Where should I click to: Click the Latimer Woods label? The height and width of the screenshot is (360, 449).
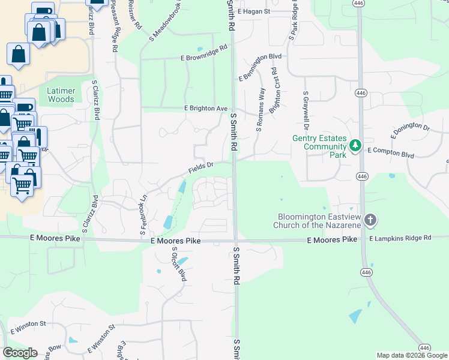click(x=61, y=95)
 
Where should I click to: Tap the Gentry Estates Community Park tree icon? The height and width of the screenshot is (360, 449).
click(x=355, y=145)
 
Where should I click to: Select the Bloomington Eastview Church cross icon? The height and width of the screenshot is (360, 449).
click(x=370, y=220)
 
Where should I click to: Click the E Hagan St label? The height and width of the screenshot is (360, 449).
click(x=254, y=11)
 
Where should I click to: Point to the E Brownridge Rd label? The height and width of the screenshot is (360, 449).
click(x=205, y=53)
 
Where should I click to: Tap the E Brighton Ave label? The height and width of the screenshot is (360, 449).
click(x=205, y=109)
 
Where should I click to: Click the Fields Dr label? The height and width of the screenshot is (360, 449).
click(x=202, y=167)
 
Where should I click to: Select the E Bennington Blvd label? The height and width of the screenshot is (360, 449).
click(x=260, y=67)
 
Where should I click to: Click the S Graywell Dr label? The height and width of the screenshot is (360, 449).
click(x=306, y=111)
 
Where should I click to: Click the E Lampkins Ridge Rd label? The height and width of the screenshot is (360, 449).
click(x=400, y=238)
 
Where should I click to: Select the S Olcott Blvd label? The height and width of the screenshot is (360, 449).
click(x=175, y=264)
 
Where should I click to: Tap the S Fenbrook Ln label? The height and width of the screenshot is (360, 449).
click(x=143, y=213)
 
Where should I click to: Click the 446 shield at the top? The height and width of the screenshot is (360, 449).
click(x=358, y=4)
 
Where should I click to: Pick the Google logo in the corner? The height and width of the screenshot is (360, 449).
click(x=20, y=352)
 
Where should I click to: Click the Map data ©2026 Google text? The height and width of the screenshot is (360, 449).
click(x=411, y=355)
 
